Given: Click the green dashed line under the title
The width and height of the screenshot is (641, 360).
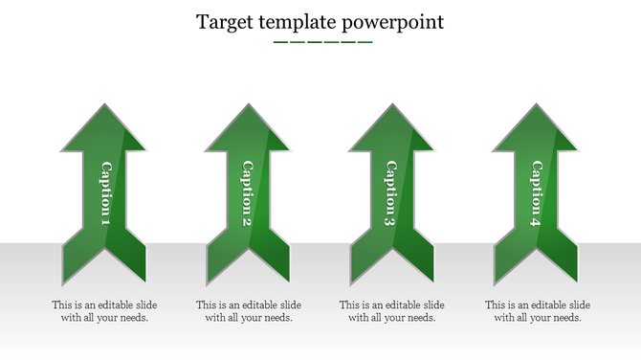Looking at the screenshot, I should (322, 42).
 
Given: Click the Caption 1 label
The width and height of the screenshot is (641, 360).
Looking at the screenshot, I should (104, 194).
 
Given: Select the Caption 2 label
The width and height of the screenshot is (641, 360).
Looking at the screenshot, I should (247, 194).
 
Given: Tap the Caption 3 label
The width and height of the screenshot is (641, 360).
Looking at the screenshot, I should (390, 194).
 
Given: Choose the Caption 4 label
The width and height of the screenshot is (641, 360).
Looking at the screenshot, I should (535, 194).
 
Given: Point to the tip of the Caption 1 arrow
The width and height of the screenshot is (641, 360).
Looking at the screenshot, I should (104, 105).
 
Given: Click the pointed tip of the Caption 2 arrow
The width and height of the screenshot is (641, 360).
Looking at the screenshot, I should (247, 105).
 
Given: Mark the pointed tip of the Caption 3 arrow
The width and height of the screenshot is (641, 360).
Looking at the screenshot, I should (390, 105).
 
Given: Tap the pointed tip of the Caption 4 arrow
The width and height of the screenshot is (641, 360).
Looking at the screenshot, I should (535, 105).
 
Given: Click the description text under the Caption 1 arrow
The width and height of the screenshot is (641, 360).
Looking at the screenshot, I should (104, 311).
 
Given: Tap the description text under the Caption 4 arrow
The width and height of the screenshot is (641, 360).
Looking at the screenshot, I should (537, 311).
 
